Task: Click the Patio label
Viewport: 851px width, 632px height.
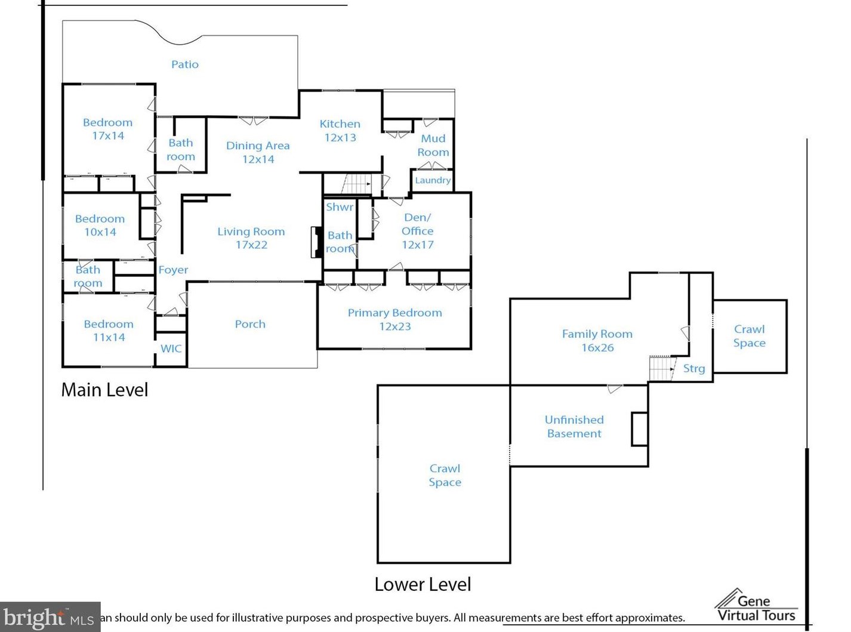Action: point(185,64)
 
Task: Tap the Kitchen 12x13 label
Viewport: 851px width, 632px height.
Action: point(340,131)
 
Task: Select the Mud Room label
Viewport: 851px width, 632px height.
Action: point(433,145)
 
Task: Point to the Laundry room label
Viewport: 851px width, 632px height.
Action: point(433,180)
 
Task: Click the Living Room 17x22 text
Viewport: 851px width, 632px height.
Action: point(251,238)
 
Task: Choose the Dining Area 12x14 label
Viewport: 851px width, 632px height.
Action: point(258,152)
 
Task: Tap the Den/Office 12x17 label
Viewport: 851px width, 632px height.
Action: point(417,230)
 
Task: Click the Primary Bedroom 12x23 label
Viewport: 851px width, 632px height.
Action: point(395,319)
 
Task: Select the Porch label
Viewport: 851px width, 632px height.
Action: point(250,324)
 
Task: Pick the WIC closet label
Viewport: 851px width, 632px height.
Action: point(171,349)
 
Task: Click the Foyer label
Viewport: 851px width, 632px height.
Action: point(173,270)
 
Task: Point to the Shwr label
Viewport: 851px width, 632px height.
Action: point(340,207)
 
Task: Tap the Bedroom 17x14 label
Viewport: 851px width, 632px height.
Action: point(108,129)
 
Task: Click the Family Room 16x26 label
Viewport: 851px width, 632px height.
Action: point(597,340)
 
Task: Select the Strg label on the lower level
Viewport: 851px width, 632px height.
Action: point(694,369)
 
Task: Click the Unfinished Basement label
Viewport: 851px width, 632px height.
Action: point(574,426)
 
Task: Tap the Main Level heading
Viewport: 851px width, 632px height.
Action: point(105,390)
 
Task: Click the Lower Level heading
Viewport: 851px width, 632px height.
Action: point(423,584)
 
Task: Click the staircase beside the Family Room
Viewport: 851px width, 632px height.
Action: point(662,368)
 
